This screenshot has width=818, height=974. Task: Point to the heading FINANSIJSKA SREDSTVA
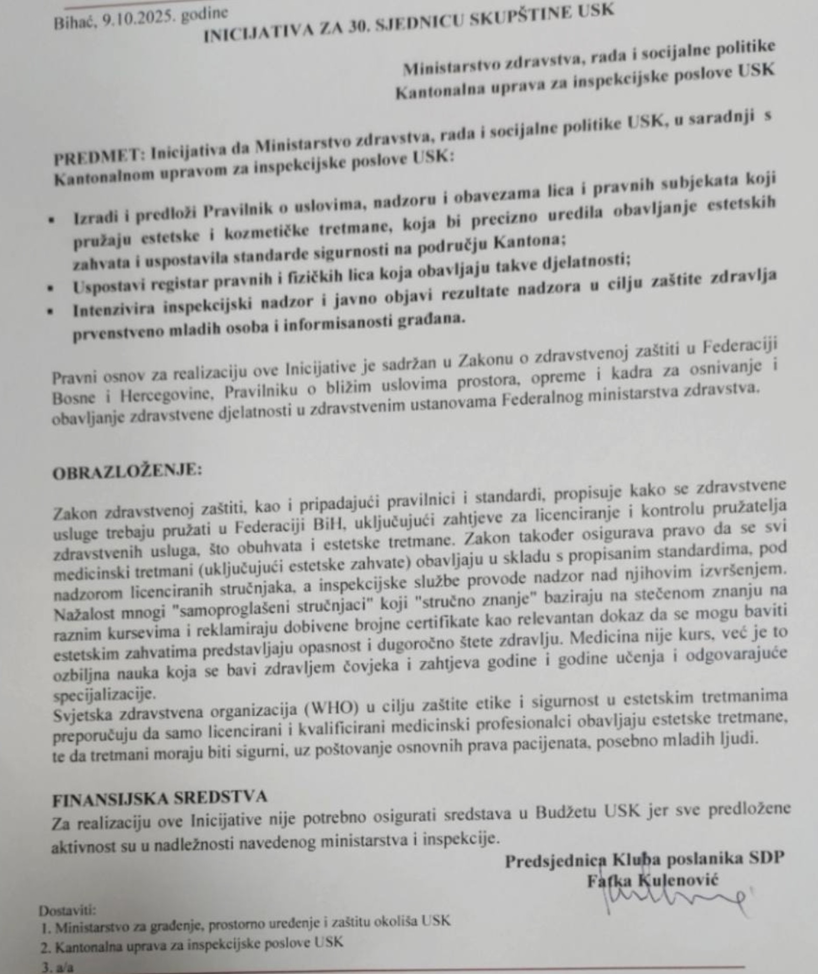click(x=159, y=798)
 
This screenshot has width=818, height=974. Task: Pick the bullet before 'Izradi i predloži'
click(x=51, y=220)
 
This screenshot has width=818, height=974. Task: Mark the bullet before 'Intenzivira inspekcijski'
click(x=51, y=311)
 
